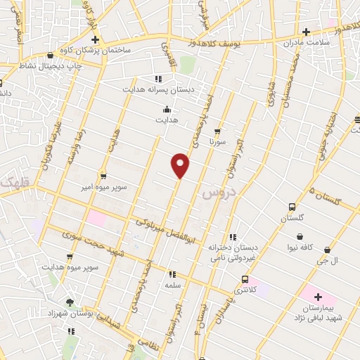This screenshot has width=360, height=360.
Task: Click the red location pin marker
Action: (181, 165)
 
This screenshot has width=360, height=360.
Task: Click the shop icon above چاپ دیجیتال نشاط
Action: (50, 56)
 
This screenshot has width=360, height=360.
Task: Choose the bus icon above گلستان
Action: (291, 207)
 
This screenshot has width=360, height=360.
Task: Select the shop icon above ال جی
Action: (328, 249)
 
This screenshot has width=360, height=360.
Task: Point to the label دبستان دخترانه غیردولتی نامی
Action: (232, 252)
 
